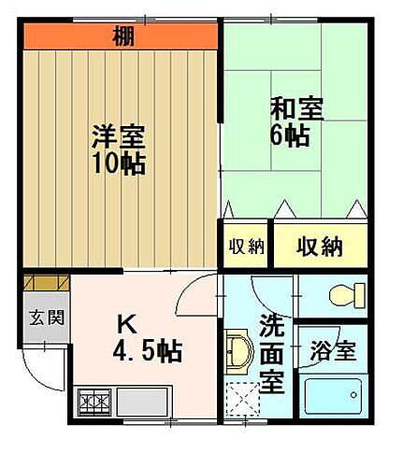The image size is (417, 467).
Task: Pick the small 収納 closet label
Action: point(246,247)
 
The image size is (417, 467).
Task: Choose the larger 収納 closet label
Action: point(319,247)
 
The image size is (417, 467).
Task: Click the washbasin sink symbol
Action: point(237,353)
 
